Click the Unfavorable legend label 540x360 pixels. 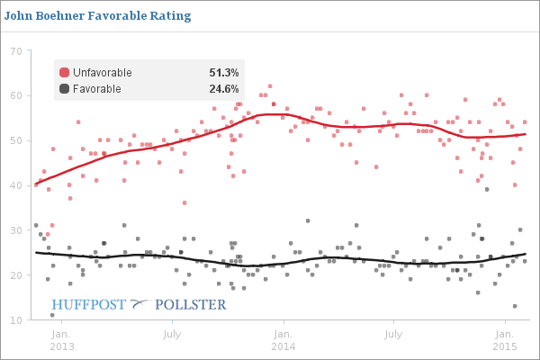tap(102, 72)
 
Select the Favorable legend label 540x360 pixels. tap(96, 88)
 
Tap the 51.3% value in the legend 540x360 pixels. tap(223, 72)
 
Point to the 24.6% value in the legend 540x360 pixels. tap(223, 88)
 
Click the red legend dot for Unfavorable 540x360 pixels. tap(64, 72)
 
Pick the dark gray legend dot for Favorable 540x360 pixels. tap(64, 88)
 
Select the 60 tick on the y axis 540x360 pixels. tap(16, 95)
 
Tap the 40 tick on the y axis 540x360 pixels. tap(16, 185)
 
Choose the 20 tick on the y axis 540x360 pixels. tap(16, 275)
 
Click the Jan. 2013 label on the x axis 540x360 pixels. tap(62, 338)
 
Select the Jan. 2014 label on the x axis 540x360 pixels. tap(283, 338)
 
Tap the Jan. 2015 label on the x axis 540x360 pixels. tap(503, 338)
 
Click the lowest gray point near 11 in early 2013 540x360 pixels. tap(52, 315)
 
